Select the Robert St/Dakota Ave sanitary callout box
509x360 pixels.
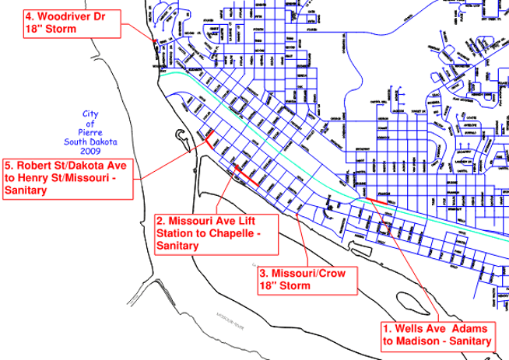point(71,179)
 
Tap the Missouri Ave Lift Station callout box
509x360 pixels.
point(216,233)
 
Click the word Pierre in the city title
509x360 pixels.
point(93,132)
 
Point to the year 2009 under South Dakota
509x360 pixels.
point(93,152)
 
